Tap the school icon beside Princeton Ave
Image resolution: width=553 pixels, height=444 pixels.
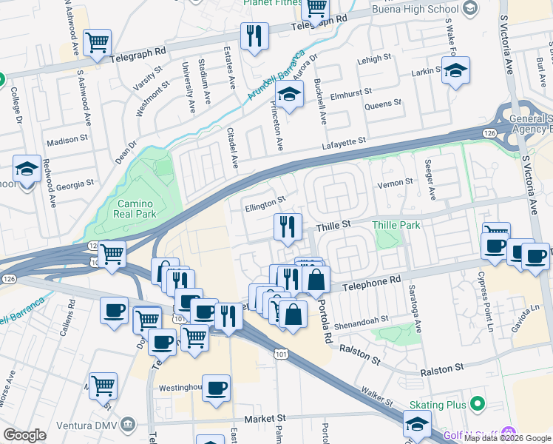pyautogui.click(x=289, y=95)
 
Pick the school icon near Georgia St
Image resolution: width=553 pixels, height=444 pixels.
pyautogui.click(x=27, y=169)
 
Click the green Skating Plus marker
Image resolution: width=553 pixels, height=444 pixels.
pyautogui.click(x=478, y=404)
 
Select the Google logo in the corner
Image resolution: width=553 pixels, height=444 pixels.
pyautogui.click(x=24, y=435)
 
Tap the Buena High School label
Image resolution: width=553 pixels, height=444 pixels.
pyautogui.click(x=404, y=9)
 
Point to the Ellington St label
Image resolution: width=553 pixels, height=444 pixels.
pyautogui.click(x=264, y=203)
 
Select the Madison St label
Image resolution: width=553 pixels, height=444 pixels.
pyautogui.click(x=67, y=141)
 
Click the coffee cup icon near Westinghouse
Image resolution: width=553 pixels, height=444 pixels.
pyautogui.click(x=216, y=388)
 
